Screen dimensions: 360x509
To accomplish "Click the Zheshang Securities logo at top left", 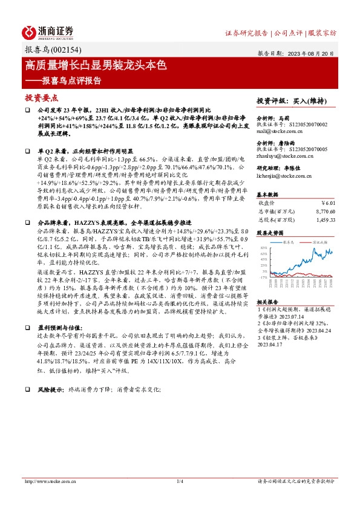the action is [x=48, y=31].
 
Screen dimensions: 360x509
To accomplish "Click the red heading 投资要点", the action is [x=42, y=97].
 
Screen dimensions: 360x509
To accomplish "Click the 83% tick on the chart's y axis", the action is [x=264, y=248].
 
